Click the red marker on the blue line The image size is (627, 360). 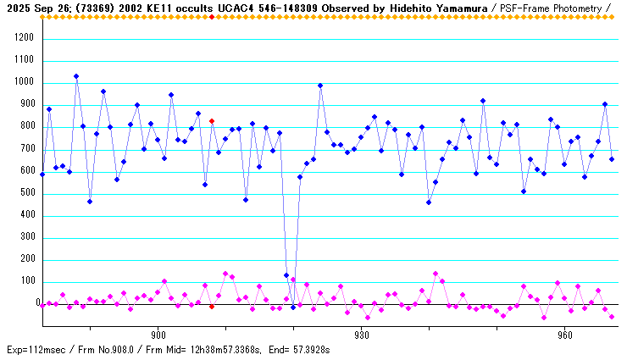pos(212,121)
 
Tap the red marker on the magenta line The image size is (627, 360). pos(212,307)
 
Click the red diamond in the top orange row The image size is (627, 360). pos(212,16)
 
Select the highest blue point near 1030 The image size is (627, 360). pos(76,76)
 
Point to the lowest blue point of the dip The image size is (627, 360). pos(293,307)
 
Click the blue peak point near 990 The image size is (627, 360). pos(320,86)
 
